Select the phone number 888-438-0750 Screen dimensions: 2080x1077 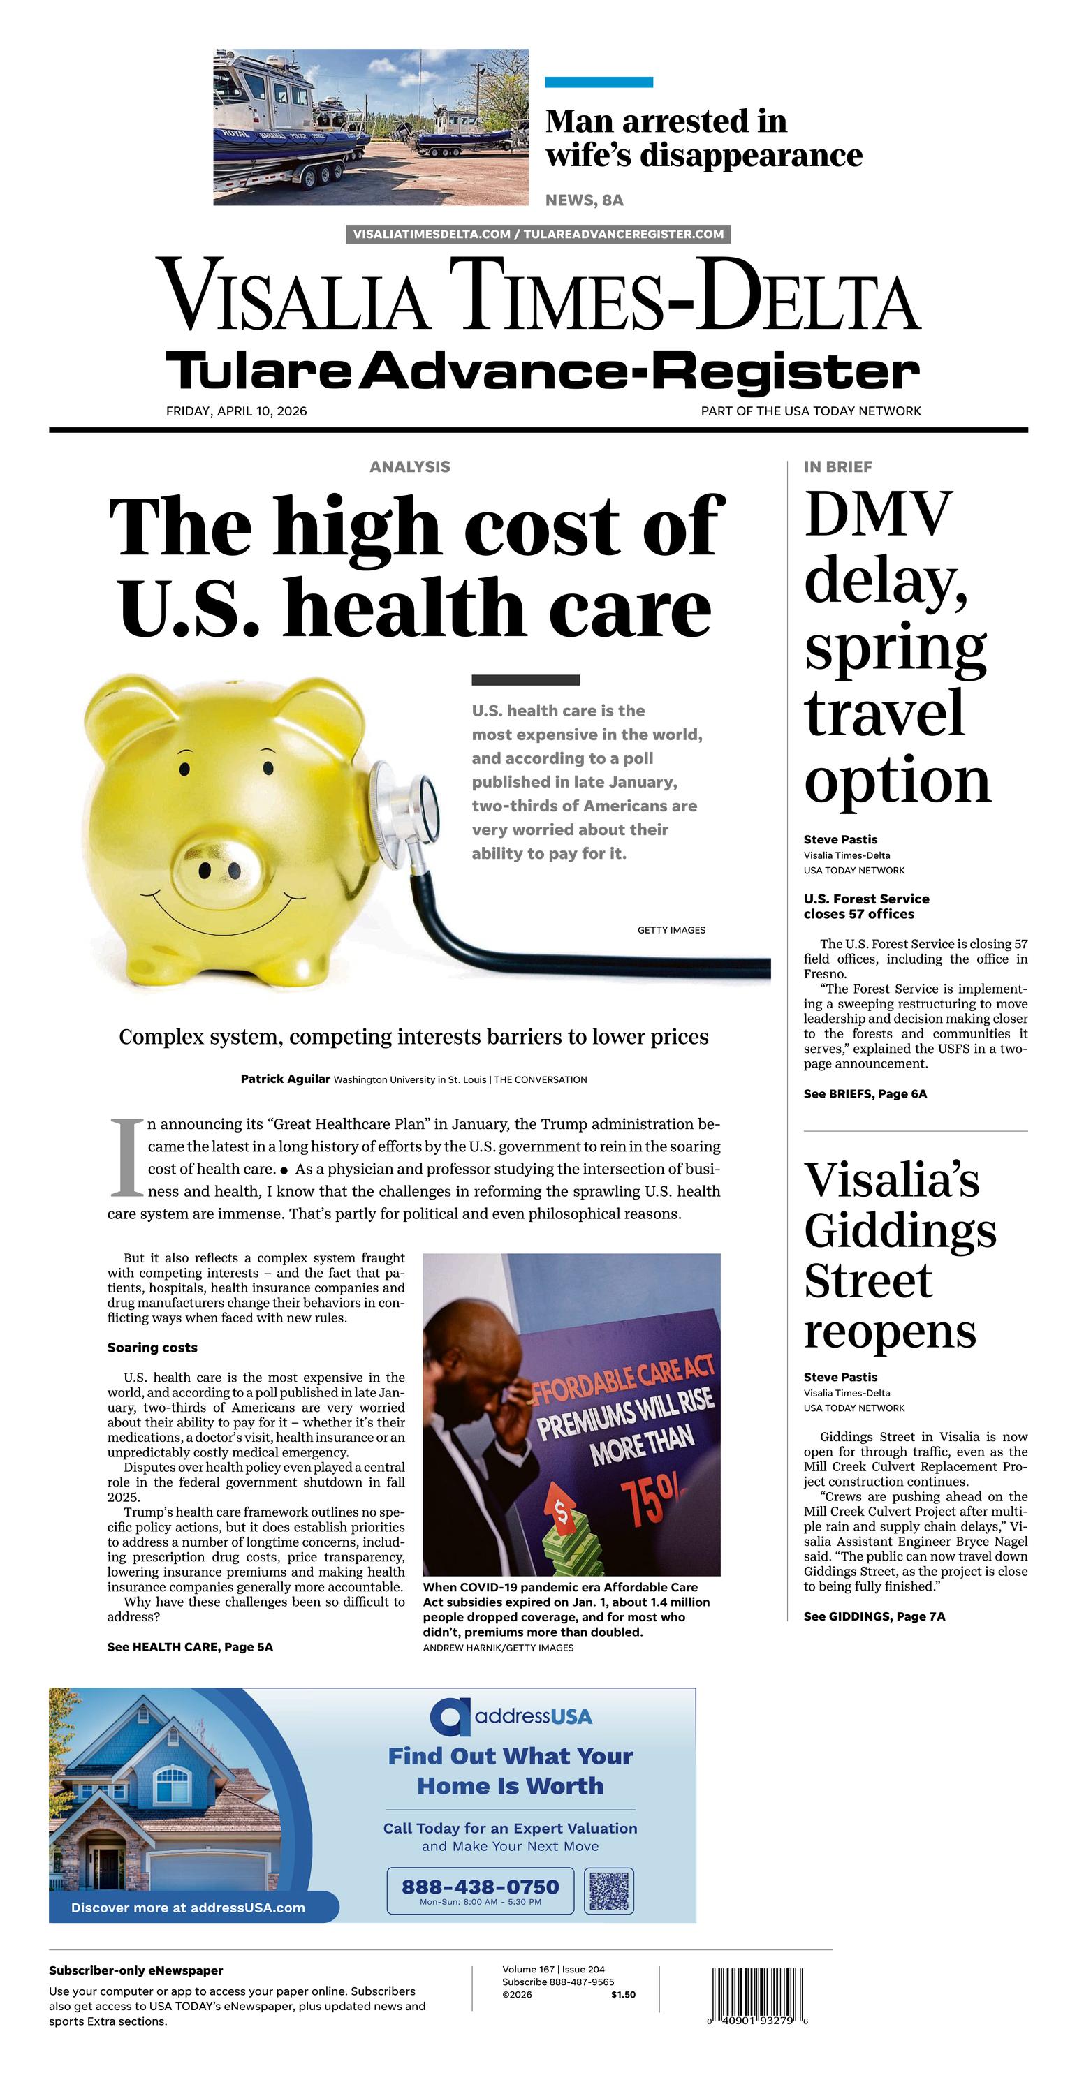(x=480, y=1886)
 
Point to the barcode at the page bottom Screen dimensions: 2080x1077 (x=757, y=1994)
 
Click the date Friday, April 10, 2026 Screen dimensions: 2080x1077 (x=236, y=411)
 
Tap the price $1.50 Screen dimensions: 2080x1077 (x=623, y=1994)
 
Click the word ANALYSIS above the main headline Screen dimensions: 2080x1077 (x=409, y=466)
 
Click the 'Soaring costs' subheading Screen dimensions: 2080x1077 (x=152, y=1348)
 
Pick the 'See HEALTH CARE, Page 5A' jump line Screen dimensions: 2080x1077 (x=190, y=1647)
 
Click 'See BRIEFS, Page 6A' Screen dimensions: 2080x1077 (x=865, y=1094)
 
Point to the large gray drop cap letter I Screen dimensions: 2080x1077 (x=125, y=1157)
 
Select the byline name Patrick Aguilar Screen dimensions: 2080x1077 (x=285, y=1079)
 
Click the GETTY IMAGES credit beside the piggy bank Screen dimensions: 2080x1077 (x=671, y=930)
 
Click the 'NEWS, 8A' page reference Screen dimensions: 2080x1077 (x=584, y=200)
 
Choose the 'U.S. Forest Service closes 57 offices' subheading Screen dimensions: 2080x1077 (x=865, y=906)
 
